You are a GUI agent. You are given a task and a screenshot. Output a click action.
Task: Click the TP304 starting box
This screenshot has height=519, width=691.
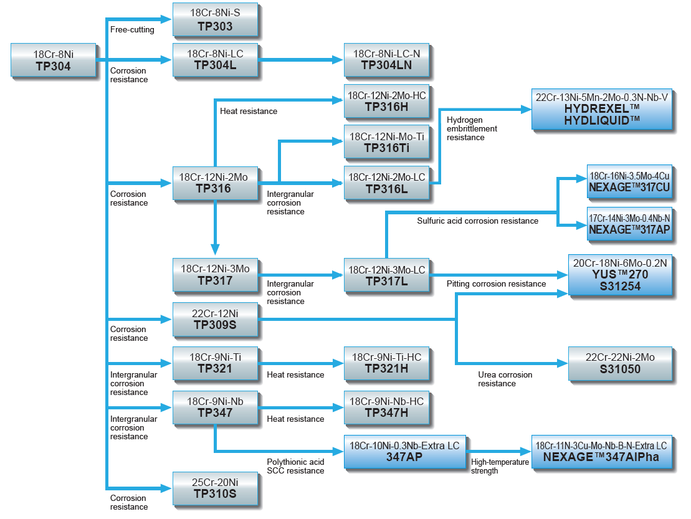(x=54, y=60)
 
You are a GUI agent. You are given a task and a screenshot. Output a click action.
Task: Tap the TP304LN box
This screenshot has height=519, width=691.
(x=386, y=60)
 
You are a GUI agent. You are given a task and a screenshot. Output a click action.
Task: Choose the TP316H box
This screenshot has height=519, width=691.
(x=386, y=102)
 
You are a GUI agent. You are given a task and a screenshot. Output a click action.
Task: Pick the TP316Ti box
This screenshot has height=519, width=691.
(x=386, y=142)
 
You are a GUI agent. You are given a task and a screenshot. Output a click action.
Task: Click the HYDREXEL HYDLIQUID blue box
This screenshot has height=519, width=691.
(x=602, y=108)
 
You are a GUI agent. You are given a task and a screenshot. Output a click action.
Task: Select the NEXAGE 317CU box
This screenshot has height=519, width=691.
(x=630, y=181)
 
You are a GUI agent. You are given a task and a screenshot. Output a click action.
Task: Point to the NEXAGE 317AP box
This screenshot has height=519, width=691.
(x=630, y=224)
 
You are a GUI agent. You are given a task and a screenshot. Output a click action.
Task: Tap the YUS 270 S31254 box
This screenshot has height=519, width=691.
(x=620, y=275)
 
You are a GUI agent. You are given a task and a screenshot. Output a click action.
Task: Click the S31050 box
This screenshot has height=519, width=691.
(x=620, y=363)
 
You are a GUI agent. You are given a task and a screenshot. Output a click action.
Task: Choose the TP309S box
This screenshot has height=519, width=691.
(x=215, y=319)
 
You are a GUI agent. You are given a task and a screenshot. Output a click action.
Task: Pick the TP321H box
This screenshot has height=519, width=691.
(x=386, y=363)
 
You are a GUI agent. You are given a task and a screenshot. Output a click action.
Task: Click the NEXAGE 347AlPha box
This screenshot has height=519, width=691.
(x=602, y=451)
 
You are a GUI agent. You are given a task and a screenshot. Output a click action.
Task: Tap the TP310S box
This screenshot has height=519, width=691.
(x=215, y=488)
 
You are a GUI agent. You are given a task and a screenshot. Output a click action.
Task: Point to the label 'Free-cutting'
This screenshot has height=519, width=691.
(x=132, y=30)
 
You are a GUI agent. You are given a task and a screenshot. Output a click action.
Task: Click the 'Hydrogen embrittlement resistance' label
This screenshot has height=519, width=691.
(x=472, y=128)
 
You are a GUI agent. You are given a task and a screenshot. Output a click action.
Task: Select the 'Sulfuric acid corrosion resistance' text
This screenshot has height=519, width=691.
(x=477, y=221)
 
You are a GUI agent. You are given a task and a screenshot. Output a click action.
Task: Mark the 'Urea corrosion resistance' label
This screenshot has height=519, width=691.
(x=505, y=379)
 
